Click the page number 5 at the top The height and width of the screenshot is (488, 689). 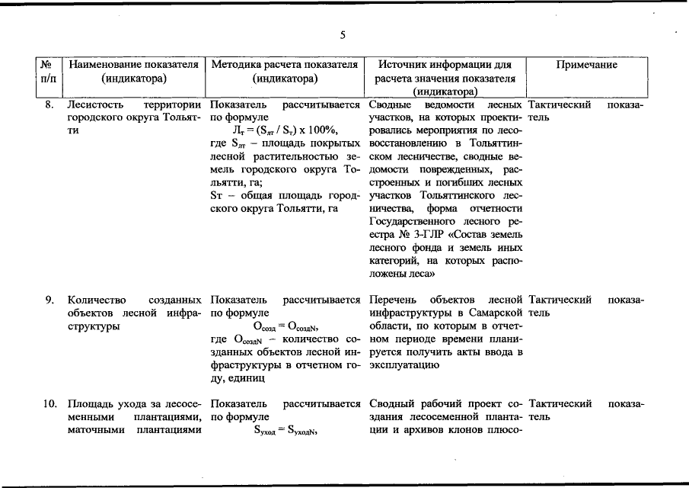tap(343, 34)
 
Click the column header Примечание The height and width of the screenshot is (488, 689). tap(586, 66)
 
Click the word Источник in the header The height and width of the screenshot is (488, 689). tap(404, 65)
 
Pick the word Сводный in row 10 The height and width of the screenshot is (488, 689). tap(389, 403)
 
